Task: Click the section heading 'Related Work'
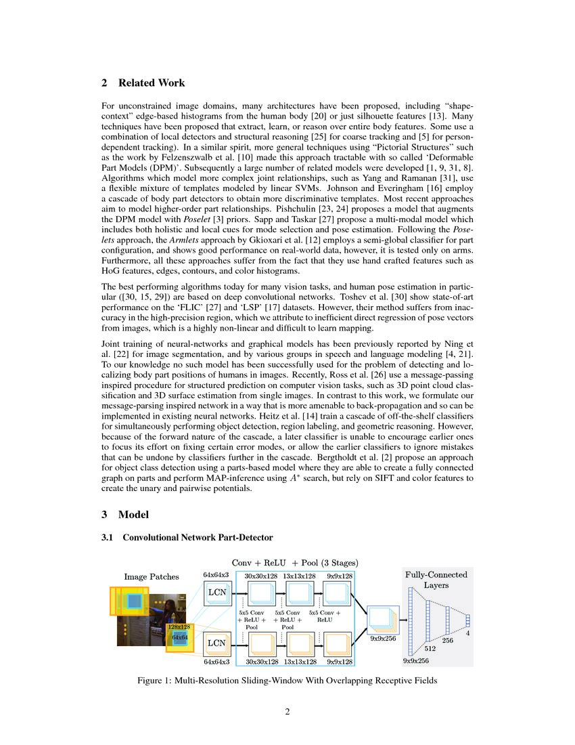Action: pos(151,83)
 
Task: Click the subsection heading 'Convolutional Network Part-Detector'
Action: pos(197,537)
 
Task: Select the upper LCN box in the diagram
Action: pos(216,592)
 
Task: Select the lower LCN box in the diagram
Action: pos(216,643)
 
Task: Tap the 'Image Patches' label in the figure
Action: pos(152,576)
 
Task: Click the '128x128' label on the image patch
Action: pos(179,627)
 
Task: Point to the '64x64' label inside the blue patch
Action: pos(180,637)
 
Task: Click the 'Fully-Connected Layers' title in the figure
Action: pos(436,579)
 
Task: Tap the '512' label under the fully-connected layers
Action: pos(430,648)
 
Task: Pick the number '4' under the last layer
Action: pos(467,633)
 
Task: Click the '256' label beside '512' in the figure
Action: pos(447,640)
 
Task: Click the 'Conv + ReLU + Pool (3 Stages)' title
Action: pos(295,562)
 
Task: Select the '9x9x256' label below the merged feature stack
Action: pos(383,637)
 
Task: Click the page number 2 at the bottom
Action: pos(287,711)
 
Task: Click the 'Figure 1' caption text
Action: pos(287,681)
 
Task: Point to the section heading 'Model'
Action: pos(133,515)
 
